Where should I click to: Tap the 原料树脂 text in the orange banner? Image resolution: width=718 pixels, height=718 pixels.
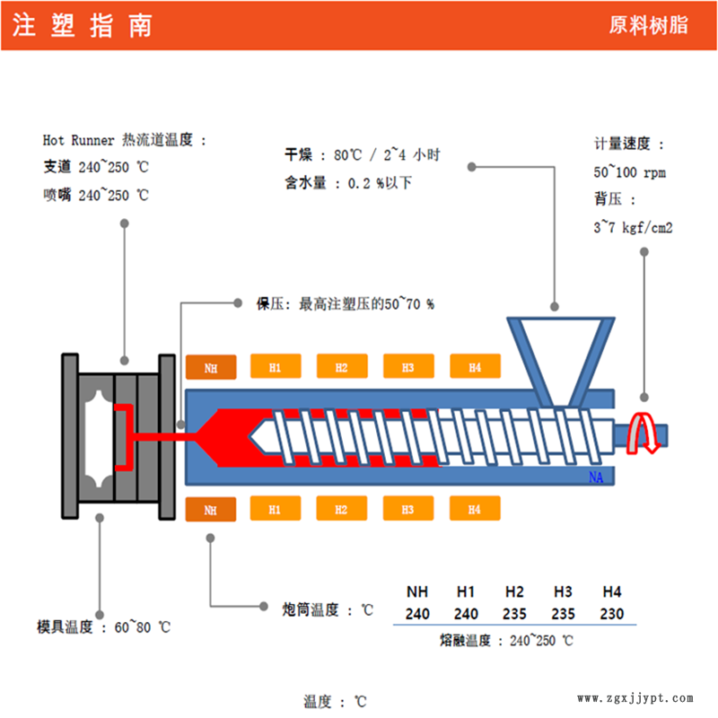coord(649,26)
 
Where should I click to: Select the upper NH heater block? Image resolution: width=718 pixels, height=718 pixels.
coord(210,367)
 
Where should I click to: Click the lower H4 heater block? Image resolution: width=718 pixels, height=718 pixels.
coord(474,510)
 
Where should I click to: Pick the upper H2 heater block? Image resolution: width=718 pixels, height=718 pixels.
coord(342,367)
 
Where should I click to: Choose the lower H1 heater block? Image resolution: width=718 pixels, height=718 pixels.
coord(276,510)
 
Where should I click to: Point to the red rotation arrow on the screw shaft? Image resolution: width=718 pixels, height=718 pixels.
coord(644,433)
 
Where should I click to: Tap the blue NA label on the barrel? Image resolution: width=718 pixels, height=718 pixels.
coord(596,477)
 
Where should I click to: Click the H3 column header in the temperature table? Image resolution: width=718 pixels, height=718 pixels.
coord(564,592)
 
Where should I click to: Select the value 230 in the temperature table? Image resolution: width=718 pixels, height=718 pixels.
coord(612,615)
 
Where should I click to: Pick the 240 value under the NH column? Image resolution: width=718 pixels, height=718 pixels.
coord(417,615)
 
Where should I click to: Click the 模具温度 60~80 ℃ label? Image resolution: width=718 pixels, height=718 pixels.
coord(103,627)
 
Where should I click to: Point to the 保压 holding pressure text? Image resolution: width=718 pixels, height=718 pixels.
coord(345,304)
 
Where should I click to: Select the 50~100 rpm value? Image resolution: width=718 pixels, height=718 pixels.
coord(629,172)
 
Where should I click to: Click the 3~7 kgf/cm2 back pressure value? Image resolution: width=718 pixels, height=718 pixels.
coord(633,228)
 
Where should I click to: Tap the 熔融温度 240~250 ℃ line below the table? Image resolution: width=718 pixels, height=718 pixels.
coord(506,641)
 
